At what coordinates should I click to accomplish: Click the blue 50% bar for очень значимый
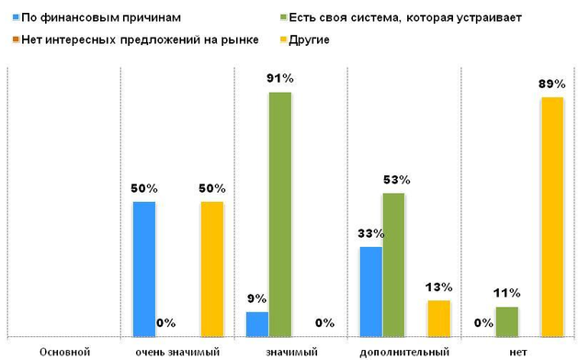(144, 268)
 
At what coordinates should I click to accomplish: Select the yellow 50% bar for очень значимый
(212, 268)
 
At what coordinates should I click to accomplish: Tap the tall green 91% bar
(280, 213)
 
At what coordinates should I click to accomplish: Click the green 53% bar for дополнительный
(393, 264)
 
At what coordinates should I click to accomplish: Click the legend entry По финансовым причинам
(88, 17)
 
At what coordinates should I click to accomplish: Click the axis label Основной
(64, 351)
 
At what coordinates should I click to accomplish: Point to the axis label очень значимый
(177, 351)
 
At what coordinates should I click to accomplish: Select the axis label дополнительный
(404, 351)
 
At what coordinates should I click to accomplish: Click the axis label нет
(518, 351)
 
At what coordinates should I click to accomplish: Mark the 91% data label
(280, 79)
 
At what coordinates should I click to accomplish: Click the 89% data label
(551, 84)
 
